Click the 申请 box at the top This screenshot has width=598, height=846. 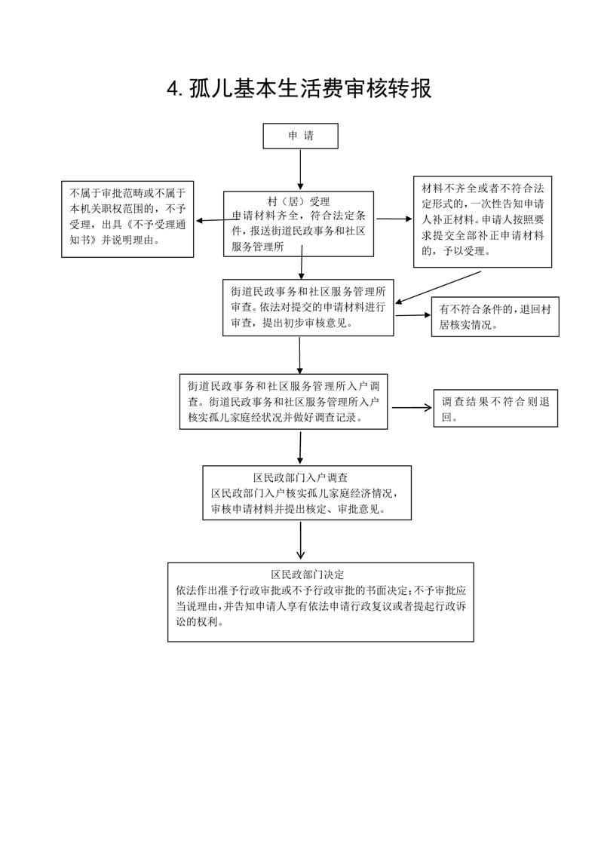300,136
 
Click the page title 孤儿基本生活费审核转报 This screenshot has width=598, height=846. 311,89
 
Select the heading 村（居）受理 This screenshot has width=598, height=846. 299,202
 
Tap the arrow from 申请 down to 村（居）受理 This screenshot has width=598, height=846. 300,170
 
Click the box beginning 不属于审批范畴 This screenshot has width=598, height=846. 127,219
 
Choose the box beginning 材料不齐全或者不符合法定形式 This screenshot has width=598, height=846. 483,221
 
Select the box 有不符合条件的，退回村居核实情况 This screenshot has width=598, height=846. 495,317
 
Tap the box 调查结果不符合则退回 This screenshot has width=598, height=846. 495,409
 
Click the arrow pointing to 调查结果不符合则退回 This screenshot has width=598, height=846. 411,407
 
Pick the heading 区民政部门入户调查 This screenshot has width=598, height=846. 301,478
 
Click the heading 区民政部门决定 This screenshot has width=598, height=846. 307,575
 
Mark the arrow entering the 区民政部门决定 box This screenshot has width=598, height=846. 301,540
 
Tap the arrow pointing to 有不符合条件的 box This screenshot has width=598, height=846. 412,315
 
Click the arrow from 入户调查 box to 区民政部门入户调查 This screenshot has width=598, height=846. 300,447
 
